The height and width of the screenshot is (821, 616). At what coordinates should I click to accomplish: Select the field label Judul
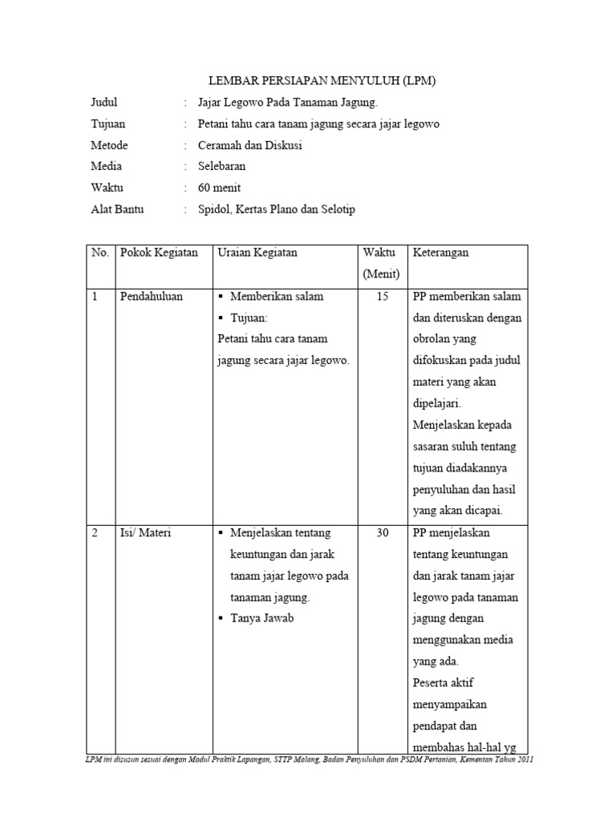pyautogui.click(x=104, y=103)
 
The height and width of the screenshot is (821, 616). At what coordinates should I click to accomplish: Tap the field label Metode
pyautogui.click(x=109, y=145)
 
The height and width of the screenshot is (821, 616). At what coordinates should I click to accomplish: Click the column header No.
pyautogui.click(x=99, y=253)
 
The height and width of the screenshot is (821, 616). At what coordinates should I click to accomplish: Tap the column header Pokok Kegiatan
pyautogui.click(x=159, y=253)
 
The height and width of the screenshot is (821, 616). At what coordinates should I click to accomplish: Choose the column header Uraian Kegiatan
pyautogui.click(x=257, y=253)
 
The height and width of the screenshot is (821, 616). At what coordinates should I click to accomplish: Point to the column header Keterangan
pyautogui.click(x=440, y=253)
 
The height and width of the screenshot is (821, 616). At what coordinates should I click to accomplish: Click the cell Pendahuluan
pyautogui.click(x=152, y=297)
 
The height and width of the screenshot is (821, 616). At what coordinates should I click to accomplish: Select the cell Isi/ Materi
pyautogui.click(x=146, y=533)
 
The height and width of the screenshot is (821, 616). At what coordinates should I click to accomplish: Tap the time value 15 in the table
pyautogui.click(x=382, y=297)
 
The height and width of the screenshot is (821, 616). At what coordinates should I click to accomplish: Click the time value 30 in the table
pyautogui.click(x=382, y=533)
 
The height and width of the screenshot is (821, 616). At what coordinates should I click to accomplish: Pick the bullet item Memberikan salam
pyautogui.click(x=276, y=297)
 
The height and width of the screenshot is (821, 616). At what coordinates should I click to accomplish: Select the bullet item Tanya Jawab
pyautogui.click(x=261, y=619)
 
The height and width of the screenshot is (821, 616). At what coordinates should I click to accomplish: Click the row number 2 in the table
pyautogui.click(x=95, y=533)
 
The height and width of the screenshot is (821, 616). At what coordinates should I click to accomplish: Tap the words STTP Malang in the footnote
pyautogui.click(x=305, y=760)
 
